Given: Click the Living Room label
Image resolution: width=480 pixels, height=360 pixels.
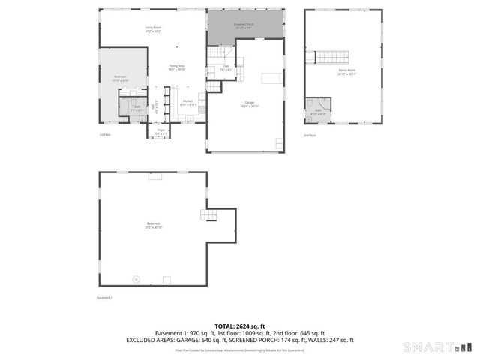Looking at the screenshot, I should click(x=153, y=29).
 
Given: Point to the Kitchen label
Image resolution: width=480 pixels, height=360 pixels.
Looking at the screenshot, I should click(x=187, y=102).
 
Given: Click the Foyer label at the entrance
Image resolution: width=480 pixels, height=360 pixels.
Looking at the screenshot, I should click(x=160, y=132).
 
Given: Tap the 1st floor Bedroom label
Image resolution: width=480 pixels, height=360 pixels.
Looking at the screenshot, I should click(x=121, y=77).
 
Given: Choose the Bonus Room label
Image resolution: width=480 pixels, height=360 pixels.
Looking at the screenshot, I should click(x=346, y=72).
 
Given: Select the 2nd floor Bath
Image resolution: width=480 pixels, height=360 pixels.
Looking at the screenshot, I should click(x=319, y=111).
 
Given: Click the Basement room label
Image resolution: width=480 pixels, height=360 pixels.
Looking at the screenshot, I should click(x=154, y=226).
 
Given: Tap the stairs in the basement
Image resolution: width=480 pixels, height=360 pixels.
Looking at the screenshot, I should click(x=208, y=216).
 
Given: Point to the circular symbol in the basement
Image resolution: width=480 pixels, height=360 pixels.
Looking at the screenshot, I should click(x=136, y=278).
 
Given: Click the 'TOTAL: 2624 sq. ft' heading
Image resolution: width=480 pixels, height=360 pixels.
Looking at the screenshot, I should click(x=240, y=326).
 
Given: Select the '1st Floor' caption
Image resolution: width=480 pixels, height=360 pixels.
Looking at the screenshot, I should click(x=105, y=135).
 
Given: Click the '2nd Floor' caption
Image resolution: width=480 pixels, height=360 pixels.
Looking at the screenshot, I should click(x=310, y=135).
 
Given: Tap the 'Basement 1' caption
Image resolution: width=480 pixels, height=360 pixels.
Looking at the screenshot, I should click(x=104, y=298).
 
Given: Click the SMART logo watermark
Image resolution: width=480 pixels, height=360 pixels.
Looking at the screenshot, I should click(x=438, y=346).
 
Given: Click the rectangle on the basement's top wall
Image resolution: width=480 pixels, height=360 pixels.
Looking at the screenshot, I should click(x=155, y=178).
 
